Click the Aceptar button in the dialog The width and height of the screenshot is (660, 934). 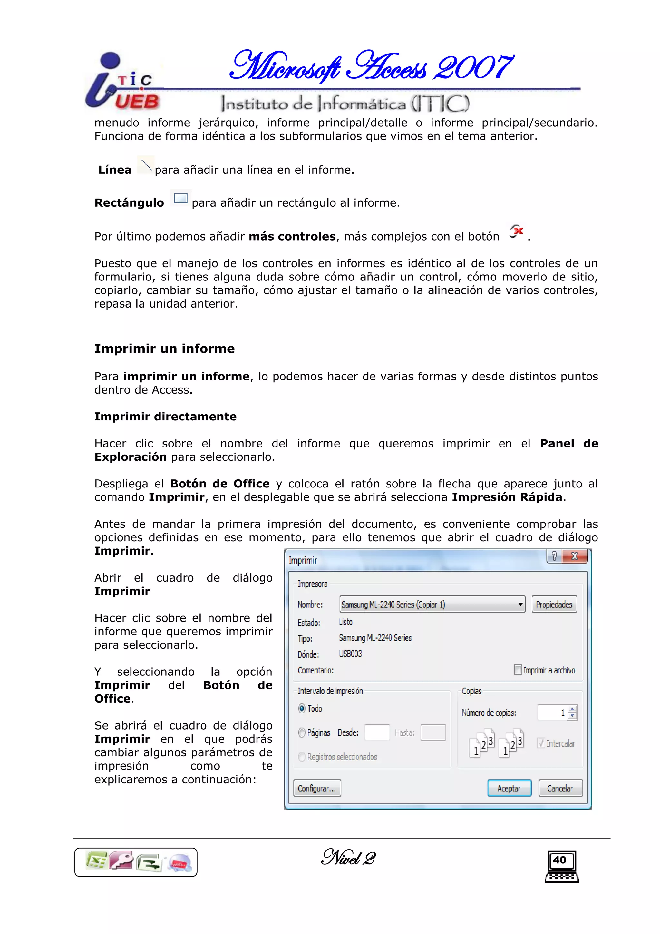pyautogui.click(x=509, y=788)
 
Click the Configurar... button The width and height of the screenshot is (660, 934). pyautogui.click(x=317, y=788)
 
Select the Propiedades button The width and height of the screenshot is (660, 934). pyautogui.click(x=554, y=604)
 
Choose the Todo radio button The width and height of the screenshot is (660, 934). pyautogui.click(x=302, y=708)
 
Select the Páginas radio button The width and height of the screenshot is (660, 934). pyautogui.click(x=302, y=732)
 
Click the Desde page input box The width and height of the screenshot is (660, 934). pyautogui.click(x=377, y=732)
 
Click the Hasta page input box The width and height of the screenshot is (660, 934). pyautogui.click(x=433, y=732)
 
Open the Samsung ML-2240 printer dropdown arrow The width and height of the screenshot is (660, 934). pyautogui.click(x=520, y=604)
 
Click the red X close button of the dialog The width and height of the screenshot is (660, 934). pyautogui.click(x=575, y=556)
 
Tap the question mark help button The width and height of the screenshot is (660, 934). pyautogui.click(x=554, y=556)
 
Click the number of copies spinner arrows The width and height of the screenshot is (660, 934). pyautogui.click(x=572, y=712)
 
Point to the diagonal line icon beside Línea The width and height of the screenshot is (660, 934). pyautogui.click(x=146, y=165)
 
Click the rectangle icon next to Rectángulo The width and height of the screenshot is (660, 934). pyautogui.click(x=180, y=199)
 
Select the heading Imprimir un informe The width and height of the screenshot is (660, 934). pyautogui.click(x=164, y=349)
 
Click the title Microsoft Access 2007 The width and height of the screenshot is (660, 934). pyautogui.click(x=371, y=66)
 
